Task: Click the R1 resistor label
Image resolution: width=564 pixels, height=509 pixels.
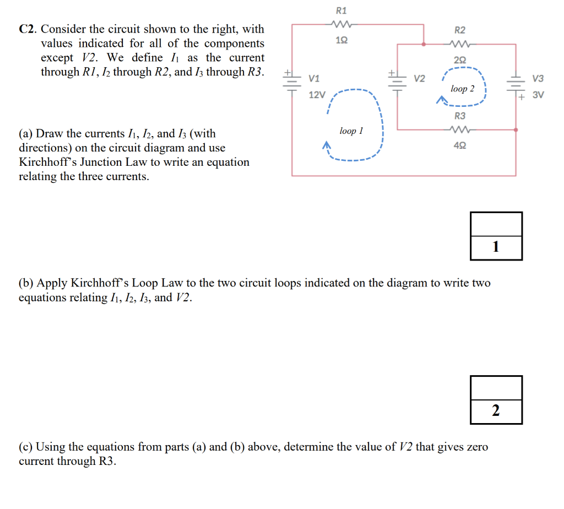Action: tap(341, 10)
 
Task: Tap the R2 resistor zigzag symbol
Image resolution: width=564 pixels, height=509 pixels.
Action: tap(459, 45)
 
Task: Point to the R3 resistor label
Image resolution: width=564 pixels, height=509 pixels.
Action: tap(459, 116)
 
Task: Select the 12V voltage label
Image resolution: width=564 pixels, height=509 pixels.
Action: tap(317, 95)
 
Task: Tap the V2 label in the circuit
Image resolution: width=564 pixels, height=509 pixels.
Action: tap(419, 78)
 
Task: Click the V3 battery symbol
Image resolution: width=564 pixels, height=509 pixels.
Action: tap(516, 86)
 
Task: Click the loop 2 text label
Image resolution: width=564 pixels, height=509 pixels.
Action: tap(462, 88)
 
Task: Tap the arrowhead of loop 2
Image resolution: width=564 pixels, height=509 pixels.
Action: tap(441, 100)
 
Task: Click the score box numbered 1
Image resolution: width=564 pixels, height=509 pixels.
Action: tap(496, 236)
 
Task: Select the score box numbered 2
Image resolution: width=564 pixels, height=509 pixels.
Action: tap(496, 399)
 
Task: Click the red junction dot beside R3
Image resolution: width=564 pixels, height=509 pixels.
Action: tap(516, 131)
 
